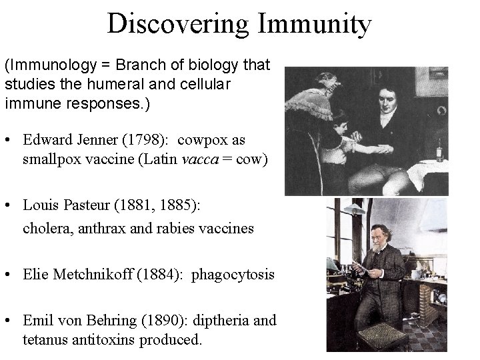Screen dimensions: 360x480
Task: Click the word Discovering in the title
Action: [x=177, y=25]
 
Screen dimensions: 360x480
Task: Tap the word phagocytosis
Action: [x=233, y=274]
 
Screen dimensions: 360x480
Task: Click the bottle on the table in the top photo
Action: [x=439, y=150]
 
